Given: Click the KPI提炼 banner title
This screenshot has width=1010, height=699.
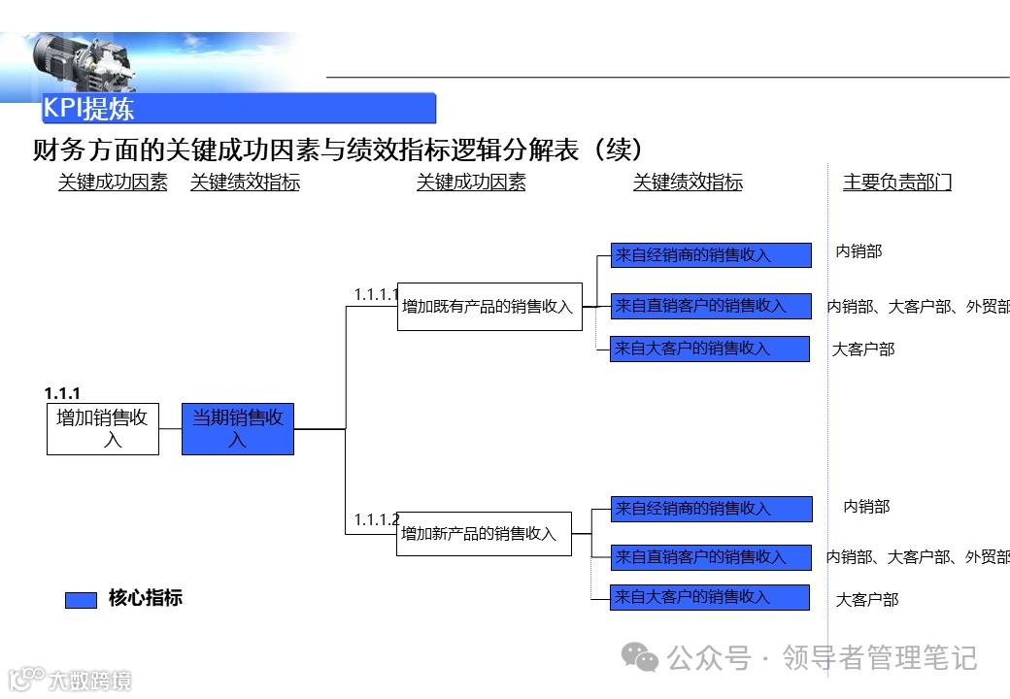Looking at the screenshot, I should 88,108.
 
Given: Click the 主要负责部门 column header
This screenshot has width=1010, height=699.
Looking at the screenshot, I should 896,183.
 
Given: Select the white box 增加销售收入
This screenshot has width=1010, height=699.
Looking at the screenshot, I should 103,429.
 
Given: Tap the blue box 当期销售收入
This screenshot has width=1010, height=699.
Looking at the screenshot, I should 238,429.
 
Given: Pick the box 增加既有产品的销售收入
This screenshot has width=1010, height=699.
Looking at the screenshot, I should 489,307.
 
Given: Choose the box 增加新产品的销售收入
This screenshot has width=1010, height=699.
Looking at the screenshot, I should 484,534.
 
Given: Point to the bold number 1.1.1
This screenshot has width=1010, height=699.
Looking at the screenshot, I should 62,393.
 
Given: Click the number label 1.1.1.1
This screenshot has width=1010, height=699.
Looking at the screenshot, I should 376,294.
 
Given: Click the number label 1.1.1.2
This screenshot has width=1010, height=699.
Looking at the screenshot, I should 376,520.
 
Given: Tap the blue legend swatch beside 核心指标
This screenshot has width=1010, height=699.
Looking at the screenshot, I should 81,600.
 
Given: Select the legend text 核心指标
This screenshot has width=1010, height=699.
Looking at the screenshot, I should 145,598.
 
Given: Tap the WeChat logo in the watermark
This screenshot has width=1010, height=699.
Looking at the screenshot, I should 640,658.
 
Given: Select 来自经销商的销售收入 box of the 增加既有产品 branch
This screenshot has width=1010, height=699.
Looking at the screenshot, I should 711,255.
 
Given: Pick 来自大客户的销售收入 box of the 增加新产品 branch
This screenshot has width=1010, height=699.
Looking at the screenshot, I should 710,597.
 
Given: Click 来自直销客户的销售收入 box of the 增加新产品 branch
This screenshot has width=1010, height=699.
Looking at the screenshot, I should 711,557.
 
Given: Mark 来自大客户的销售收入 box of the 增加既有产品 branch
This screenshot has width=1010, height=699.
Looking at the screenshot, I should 710,349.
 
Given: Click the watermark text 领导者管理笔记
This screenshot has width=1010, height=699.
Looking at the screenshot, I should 879,658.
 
